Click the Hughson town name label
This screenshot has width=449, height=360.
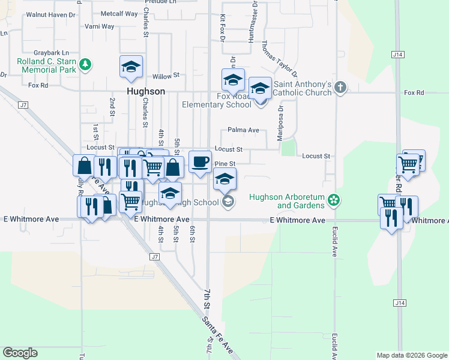[146, 92]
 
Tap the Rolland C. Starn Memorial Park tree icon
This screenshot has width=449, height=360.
[86, 64]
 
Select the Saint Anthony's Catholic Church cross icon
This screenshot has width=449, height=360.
[340, 88]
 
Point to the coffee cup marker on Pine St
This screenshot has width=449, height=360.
[200, 161]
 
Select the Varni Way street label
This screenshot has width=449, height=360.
[99, 26]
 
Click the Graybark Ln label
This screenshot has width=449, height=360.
[52, 53]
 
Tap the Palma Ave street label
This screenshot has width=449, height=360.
[243, 130]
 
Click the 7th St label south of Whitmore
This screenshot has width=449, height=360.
[206, 298]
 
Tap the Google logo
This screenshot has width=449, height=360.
[20, 353]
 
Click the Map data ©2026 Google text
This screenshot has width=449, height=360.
[411, 355]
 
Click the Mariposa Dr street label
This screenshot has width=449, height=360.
[280, 124]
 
